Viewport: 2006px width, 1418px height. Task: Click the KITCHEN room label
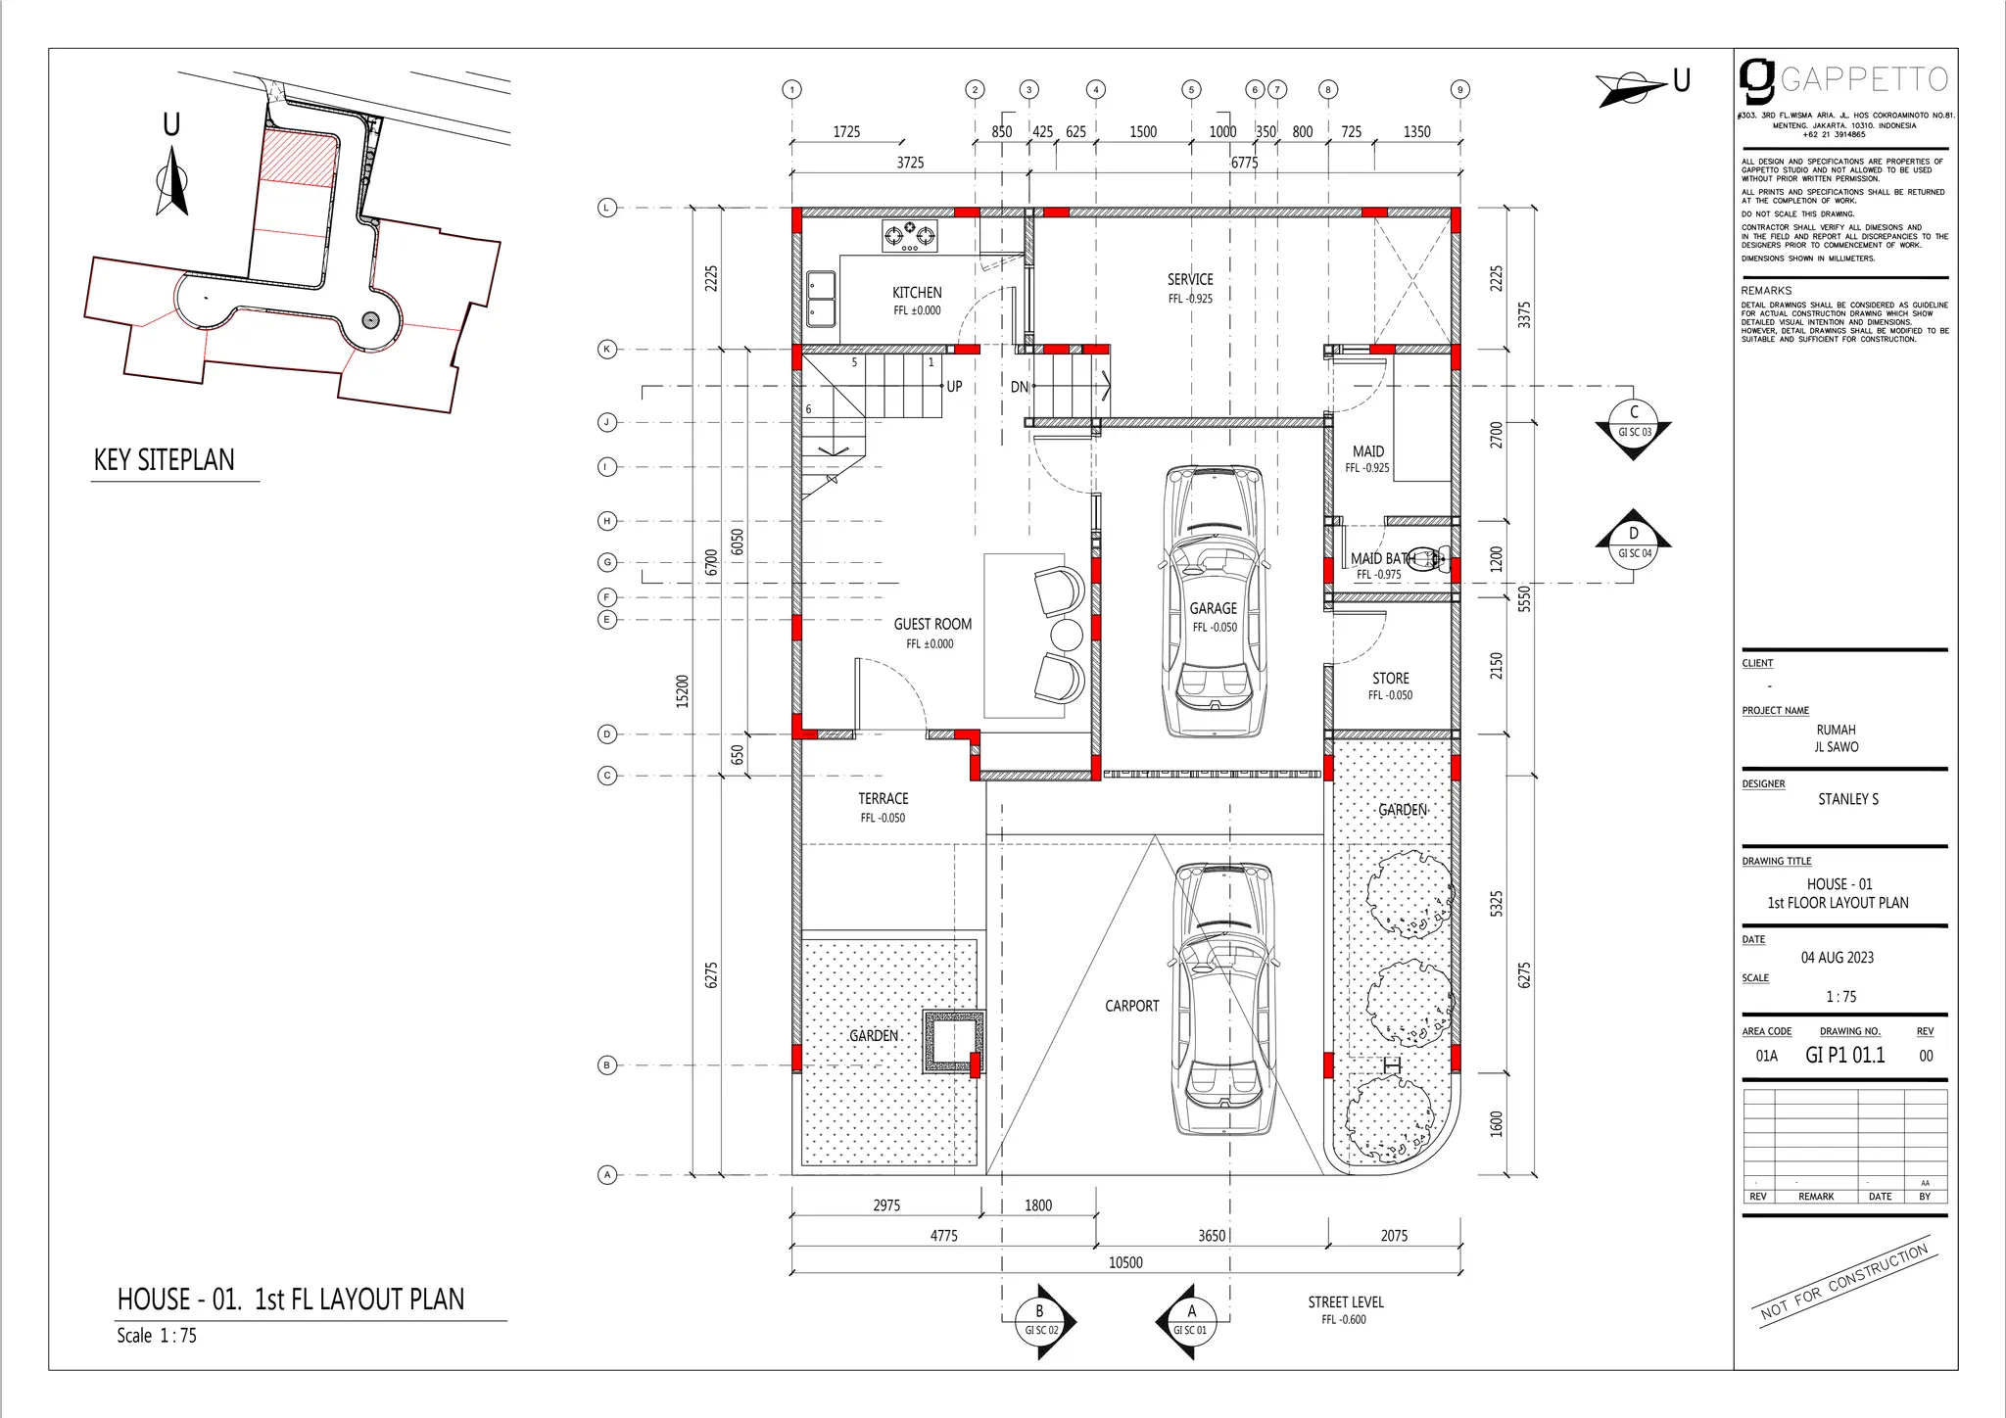coord(917,293)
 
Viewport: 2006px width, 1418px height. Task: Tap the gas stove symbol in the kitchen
coord(909,235)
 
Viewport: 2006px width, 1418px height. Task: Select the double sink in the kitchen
coord(821,299)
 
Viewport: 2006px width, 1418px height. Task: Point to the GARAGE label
coord(1213,609)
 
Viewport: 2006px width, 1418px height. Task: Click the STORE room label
coord(1390,679)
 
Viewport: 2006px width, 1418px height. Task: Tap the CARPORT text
coord(1131,1006)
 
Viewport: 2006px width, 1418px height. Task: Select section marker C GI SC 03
coord(1633,425)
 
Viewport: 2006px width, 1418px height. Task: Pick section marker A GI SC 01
coord(1190,1321)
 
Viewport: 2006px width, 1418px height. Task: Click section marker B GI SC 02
coord(1041,1321)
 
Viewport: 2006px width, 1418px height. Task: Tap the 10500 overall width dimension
coord(1125,1262)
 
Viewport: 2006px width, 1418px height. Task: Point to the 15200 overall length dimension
coord(683,690)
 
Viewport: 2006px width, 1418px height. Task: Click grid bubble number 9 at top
coord(1459,90)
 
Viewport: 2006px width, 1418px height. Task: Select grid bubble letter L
coord(607,208)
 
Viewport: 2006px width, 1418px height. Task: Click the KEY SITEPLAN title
coord(165,460)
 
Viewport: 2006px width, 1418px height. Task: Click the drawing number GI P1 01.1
coord(1844,1055)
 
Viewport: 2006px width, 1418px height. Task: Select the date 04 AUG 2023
coord(1837,958)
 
